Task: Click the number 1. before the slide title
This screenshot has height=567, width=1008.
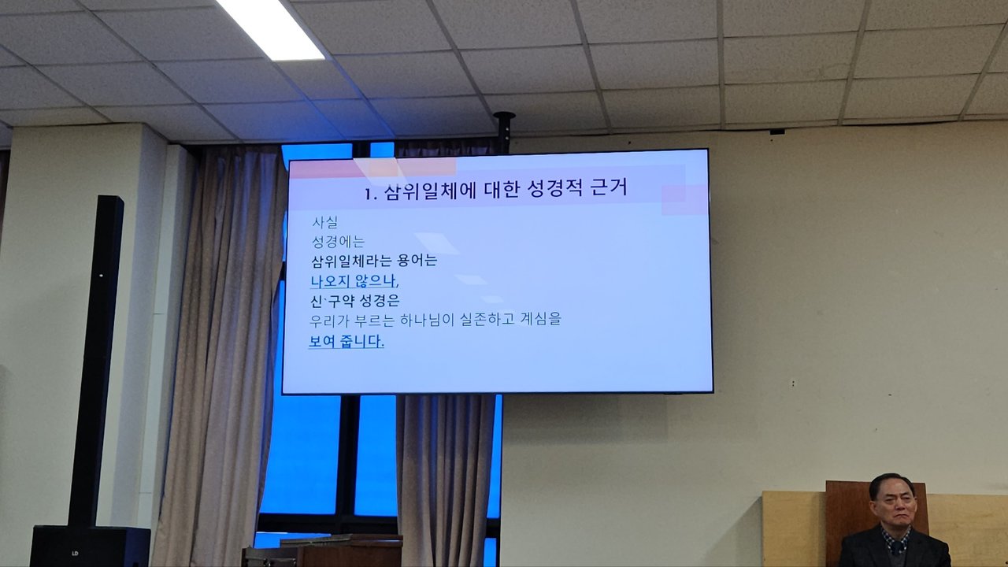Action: (x=370, y=195)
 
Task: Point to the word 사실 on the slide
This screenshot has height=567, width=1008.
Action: (x=325, y=222)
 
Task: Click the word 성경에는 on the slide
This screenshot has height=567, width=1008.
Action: (x=338, y=242)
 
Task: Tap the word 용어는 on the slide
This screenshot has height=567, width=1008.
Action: (x=417, y=261)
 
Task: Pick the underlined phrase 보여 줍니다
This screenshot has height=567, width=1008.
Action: (x=346, y=341)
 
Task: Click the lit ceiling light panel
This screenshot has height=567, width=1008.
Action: (x=270, y=28)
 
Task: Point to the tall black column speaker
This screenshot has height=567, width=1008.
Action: (x=96, y=361)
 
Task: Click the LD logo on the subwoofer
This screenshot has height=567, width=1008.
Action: (x=75, y=553)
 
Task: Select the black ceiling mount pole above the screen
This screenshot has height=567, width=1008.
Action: (x=504, y=131)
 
